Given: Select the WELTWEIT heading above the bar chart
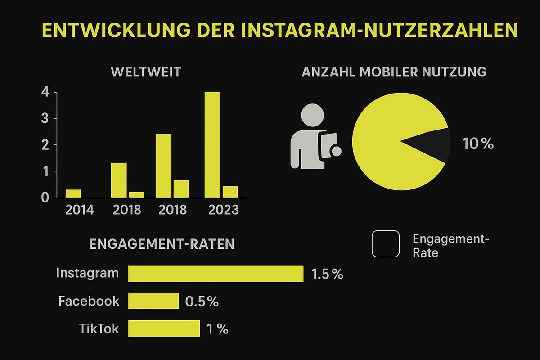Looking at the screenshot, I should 146,72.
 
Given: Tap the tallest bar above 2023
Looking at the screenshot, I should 212,144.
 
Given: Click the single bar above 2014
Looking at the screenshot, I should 73,193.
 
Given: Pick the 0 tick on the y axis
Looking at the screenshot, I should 45,198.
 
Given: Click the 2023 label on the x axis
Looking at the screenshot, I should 223,210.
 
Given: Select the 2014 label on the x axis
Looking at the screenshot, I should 79,210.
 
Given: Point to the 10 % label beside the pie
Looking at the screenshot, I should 478,144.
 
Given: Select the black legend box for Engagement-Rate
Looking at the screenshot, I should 386,244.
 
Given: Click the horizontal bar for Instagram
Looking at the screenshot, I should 216,274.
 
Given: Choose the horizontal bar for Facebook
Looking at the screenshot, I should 153,301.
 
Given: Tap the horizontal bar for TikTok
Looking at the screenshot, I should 164,328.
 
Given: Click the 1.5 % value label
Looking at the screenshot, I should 327,274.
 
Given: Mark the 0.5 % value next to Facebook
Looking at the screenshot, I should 202,301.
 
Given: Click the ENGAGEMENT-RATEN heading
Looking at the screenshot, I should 162,244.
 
